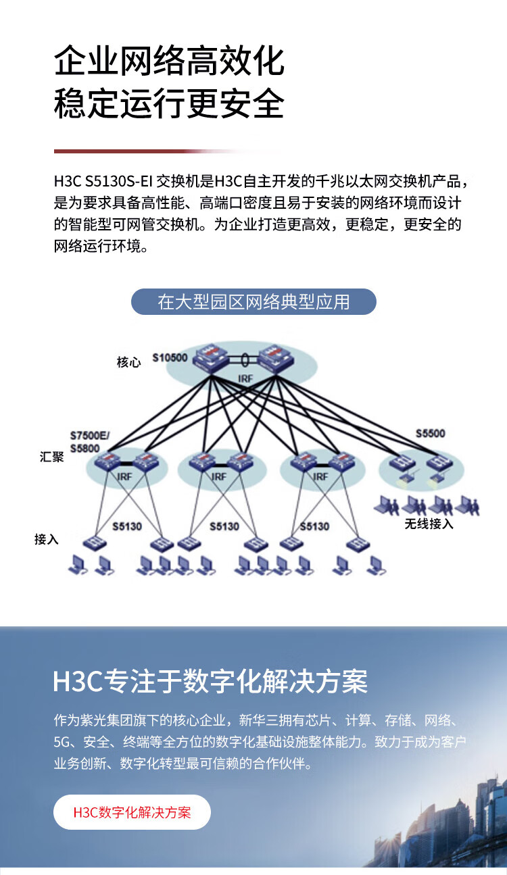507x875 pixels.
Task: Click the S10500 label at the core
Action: click(x=170, y=357)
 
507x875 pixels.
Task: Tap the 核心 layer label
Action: click(x=128, y=362)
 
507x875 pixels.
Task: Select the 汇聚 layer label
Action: click(x=51, y=457)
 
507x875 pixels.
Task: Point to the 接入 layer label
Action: click(x=47, y=539)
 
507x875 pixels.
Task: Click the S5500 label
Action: click(x=431, y=433)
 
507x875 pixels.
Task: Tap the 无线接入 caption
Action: click(x=429, y=524)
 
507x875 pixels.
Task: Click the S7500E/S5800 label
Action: click(x=90, y=442)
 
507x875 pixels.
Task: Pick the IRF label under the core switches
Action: click(x=245, y=378)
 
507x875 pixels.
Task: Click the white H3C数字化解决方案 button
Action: click(x=132, y=812)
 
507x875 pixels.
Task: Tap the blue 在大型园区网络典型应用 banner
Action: click(x=254, y=301)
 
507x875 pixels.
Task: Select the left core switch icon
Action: click(x=210, y=357)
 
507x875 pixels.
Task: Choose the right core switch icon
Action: click(x=276, y=357)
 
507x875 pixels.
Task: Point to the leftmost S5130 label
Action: click(x=127, y=526)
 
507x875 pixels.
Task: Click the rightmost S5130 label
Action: click(x=314, y=526)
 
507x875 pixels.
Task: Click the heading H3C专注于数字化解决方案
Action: click(x=210, y=681)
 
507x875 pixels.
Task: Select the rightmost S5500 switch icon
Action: click(x=440, y=464)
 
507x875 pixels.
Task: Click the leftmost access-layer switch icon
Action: click(x=95, y=543)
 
